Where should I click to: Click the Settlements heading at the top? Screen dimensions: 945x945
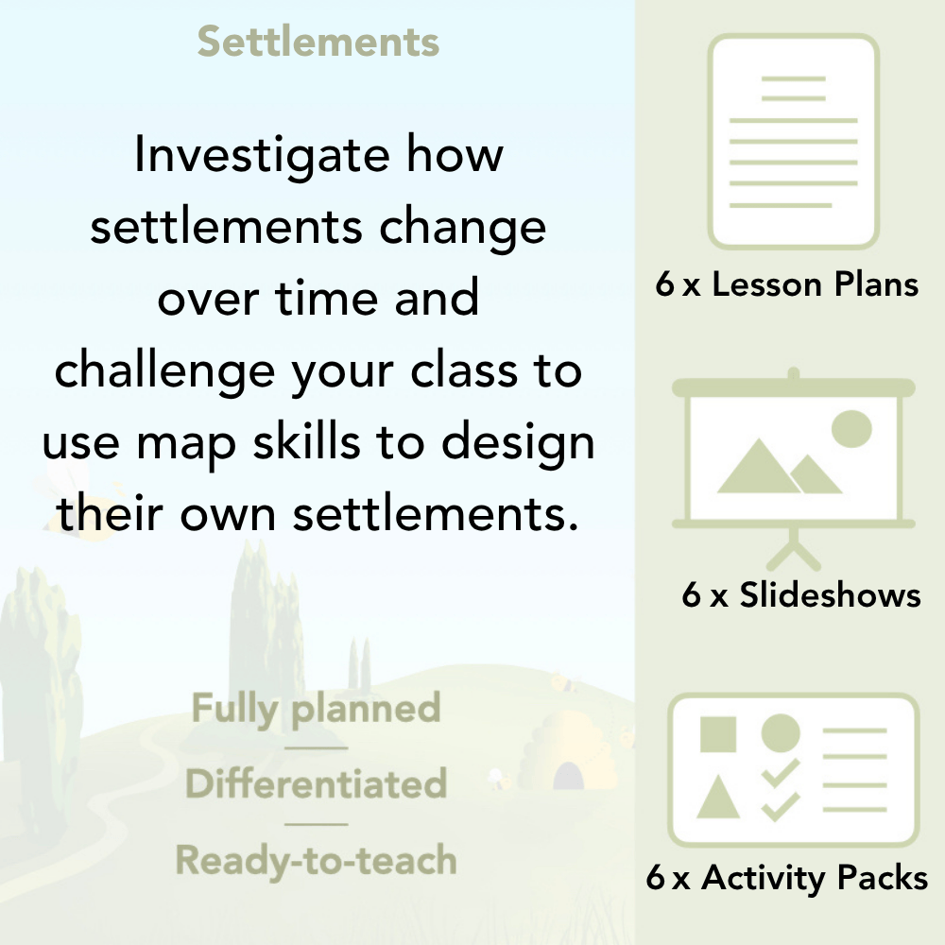coord(318,43)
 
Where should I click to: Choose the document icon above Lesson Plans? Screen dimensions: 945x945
coord(794,141)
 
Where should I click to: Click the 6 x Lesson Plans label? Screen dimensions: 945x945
coord(787,284)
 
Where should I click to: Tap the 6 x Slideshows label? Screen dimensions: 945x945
coord(801,594)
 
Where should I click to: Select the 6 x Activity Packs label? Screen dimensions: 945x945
coord(787,878)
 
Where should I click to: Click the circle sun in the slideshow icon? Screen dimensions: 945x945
coord(850,428)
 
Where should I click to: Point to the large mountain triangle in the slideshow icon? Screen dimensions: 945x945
coord(756,469)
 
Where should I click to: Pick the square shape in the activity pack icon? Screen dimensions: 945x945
coord(718,734)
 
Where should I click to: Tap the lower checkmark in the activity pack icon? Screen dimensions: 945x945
coord(781,806)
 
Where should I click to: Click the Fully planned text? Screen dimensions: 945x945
coord(316,709)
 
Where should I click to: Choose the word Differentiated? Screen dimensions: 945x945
coord(316,784)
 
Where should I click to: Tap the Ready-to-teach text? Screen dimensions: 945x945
coord(316,860)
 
